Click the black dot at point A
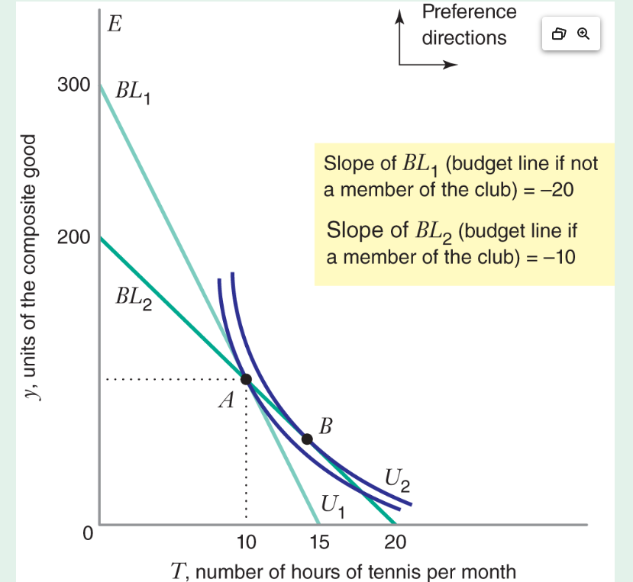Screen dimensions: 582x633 pyautogui.click(x=246, y=379)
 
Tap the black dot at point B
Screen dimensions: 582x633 pyautogui.click(x=307, y=439)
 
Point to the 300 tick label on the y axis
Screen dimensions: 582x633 pyautogui.click(x=73, y=85)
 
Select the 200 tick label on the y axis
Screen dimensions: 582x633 pyautogui.click(x=73, y=237)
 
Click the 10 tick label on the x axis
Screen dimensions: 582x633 pyautogui.click(x=246, y=542)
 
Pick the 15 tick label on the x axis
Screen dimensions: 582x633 pyautogui.click(x=319, y=542)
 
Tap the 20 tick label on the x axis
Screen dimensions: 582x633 pyautogui.click(x=394, y=542)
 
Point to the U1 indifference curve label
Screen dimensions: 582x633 pyautogui.click(x=334, y=505)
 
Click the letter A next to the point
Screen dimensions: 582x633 pyautogui.click(x=225, y=400)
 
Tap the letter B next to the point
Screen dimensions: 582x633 pyautogui.click(x=325, y=426)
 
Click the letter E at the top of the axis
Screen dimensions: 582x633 pyautogui.click(x=115, y=24)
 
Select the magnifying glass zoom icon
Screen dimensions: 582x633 pyautogui.click(x=584, y=34)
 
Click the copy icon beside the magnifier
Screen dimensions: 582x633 pyautogui.click(x=559, y=34)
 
